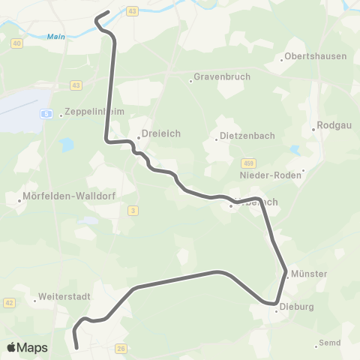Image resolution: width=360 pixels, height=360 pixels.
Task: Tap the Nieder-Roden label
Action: (269, 175)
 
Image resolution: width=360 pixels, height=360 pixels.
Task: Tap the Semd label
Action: (329, 343)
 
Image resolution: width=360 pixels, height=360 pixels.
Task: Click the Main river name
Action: (55, 36)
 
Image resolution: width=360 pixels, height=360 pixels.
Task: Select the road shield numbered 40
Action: (16, 43)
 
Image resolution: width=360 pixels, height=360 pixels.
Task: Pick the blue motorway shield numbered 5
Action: (46, 114)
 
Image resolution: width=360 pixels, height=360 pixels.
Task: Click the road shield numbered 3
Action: (133, 211)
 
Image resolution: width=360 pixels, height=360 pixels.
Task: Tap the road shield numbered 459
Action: (248, 163)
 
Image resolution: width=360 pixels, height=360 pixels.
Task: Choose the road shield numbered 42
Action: (9, 302)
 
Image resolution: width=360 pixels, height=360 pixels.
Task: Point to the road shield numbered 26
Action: (121, 348)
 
